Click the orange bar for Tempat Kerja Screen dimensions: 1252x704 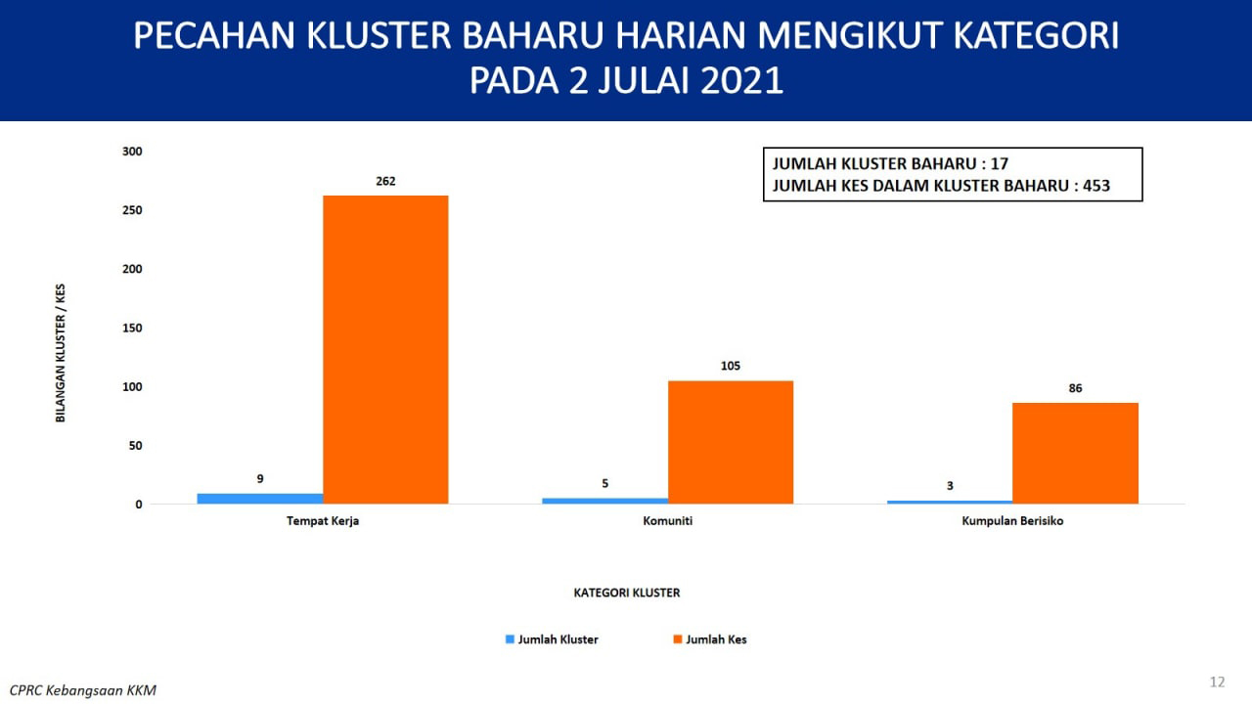click(385, 350)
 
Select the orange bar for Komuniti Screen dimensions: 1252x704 click(731, 443)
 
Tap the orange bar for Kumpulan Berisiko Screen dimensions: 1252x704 click(1075, 453)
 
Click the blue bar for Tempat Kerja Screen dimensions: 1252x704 click(260, 499)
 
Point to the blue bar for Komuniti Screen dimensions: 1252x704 click(604, 501)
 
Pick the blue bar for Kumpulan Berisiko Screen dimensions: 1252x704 click(950, 503)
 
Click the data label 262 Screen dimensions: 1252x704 click(385, 181)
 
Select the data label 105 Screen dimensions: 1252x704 click(731, 366)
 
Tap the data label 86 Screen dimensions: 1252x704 click(1075, 388)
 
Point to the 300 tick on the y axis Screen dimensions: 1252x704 click(132, 152)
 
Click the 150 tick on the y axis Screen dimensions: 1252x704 click(132, 328)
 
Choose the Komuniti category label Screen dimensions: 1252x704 click(667, 521)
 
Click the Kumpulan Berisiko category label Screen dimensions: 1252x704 click(1012, 521)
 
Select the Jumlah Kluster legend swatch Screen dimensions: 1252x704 click(510, 639)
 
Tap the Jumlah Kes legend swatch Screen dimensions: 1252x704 click(678, 639)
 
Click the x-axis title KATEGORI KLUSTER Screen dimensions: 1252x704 click(627, 593)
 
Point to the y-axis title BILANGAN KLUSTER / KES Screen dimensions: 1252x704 click(61, 353)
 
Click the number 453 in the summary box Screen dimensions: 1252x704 click(1096, 186)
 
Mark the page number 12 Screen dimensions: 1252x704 click(1218, 682)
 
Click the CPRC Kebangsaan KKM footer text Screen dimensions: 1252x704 click(83, 690)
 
